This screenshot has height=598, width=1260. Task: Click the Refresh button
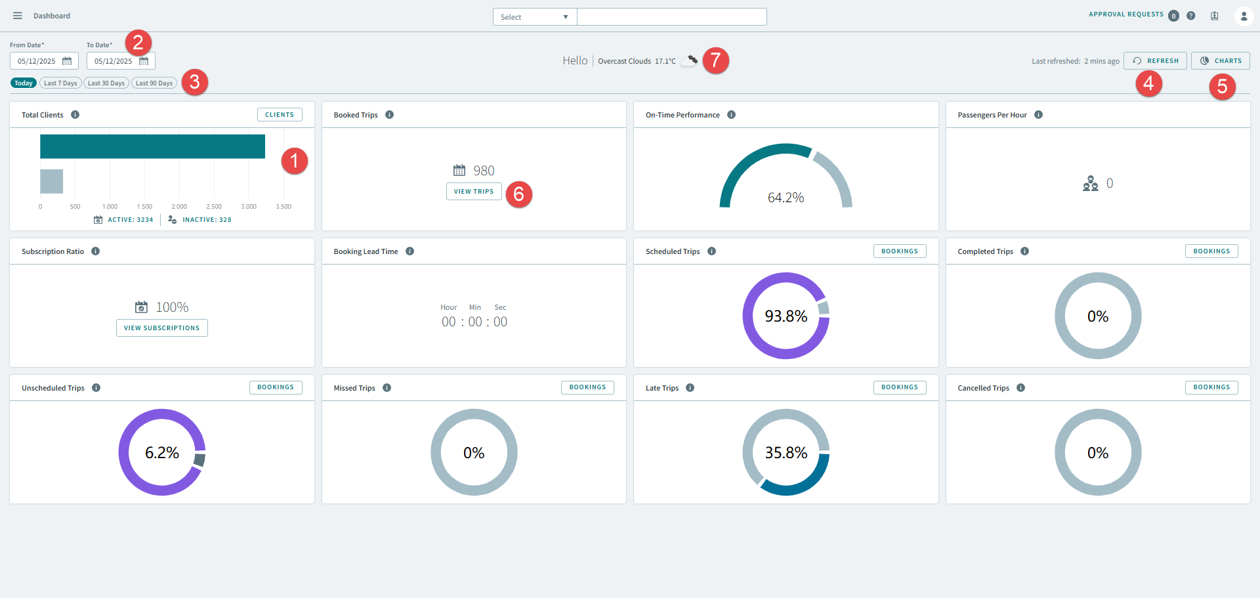(x=1155, y=61)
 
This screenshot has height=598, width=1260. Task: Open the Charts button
(x=1220, y=61)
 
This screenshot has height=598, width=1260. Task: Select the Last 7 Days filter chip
(x=61, y=83)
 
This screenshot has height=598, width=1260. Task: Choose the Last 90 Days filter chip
(x=154, y=83)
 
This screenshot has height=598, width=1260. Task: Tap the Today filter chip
(x=24, y=83)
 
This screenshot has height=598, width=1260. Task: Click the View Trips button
(x=474, y=192)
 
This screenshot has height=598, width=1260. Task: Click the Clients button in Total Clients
(x=280, y=115)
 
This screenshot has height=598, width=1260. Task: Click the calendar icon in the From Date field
(x=67, y=61)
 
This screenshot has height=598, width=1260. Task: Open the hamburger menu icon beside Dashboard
(x=18, y=16)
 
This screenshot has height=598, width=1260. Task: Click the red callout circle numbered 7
(x=716, y=60)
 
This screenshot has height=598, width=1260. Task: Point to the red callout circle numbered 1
(x=295, y=161)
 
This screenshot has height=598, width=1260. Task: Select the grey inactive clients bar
(x=51, y=181)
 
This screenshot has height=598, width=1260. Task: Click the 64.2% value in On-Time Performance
(x=786, y=198)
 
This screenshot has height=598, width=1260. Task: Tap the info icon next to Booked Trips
(x=390, y=115)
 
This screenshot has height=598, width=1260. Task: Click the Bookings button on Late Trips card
(x=900, y=387)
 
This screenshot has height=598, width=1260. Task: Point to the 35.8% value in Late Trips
(x=786, y=453)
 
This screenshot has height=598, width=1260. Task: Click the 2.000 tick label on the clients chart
(x=179, y=207)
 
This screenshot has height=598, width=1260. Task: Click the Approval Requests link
(x=1126, y=14)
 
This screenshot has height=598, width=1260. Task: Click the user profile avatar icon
(x=1244, y=16)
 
